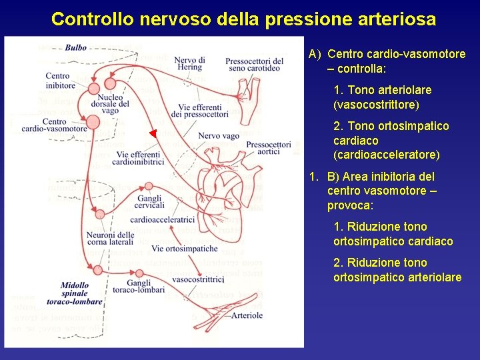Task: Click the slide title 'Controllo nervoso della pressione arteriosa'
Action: click(243, 19)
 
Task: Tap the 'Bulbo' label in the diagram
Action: click(76, 48)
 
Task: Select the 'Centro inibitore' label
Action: click(61, 81)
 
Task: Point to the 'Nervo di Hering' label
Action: click(190, 64)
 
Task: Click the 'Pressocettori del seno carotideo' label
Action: click(254, 65)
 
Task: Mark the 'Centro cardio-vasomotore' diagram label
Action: click(55, 125)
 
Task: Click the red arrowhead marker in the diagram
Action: click(153, 134)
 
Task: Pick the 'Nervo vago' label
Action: click(219, 136)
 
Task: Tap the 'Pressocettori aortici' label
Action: click(268, 149)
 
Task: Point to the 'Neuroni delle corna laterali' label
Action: click(110, 239)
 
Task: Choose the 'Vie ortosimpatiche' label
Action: click(184, 249)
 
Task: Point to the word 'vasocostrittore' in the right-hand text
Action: click(376, 105)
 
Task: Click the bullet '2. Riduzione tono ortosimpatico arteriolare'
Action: click(397, 270)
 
